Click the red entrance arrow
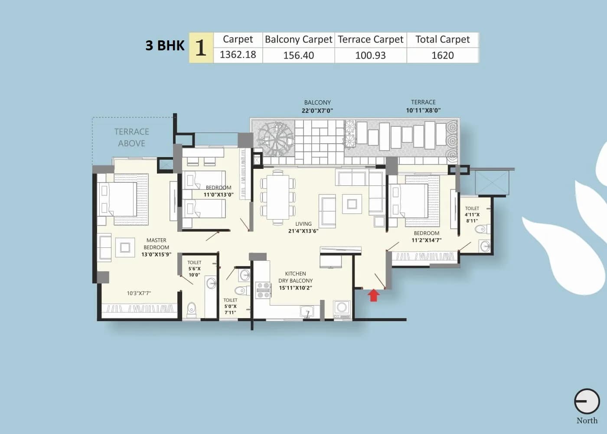click(x=374, y=296)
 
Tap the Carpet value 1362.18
click(x=238, y=55)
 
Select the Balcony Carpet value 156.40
click(x=298, y=56)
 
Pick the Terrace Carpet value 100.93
click(x=370, y=56)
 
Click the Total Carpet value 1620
click(x=442, y=56)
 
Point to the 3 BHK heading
click(x=165, y=46)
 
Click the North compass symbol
click(x=587, y=401)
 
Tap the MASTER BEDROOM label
click(x=156, y=247)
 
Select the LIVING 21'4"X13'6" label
click(x=303, y=227)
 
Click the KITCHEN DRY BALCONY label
click(x=295, y=280)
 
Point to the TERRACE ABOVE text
click(x=131, y=137)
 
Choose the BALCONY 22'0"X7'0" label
click(x=317, y=106)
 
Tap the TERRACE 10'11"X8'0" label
click(x=423, y=106)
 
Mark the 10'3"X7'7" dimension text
click(x=139, y=293)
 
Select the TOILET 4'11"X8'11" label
click(x=472, y=214)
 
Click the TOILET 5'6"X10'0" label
click(x=194, y=268)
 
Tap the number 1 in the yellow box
click(x=201, y=48)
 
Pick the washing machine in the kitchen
click(x=342, y=308)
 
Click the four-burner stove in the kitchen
click(x=263, y=290)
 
